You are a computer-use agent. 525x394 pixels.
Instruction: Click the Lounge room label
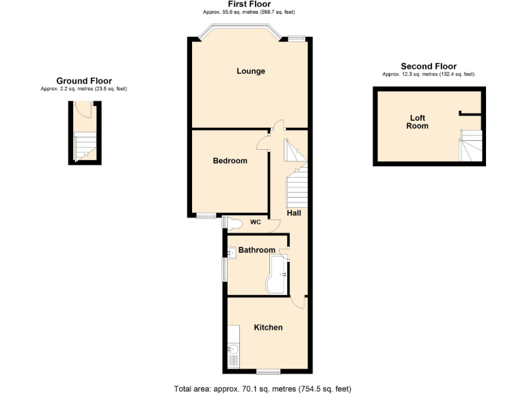251,71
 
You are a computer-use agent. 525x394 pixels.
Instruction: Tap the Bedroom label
230,161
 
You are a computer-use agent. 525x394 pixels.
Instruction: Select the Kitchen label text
268,328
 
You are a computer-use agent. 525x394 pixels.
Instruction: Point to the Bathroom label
256,250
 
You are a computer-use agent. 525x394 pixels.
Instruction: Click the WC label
255,222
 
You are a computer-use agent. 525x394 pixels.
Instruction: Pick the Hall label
294,213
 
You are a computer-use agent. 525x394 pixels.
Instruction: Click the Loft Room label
417,122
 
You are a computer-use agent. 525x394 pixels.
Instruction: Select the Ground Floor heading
84,81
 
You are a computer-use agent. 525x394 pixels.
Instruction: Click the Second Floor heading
428,66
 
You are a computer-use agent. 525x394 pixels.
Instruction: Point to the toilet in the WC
233,223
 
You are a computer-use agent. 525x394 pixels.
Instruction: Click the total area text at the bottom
262,389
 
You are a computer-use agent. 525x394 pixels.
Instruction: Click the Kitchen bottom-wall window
267,372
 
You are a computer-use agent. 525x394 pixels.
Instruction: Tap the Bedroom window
206,216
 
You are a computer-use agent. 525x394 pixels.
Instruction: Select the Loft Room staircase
470,146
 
